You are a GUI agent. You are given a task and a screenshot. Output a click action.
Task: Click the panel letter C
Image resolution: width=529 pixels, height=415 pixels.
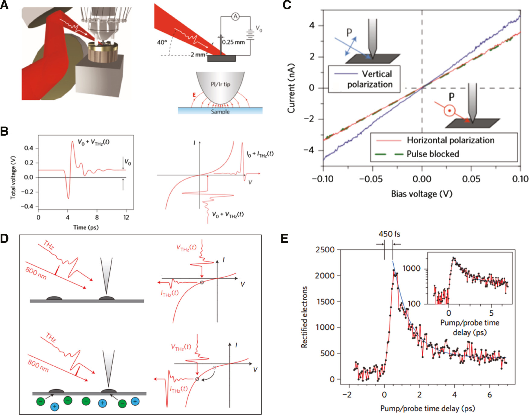(x=287, y=5)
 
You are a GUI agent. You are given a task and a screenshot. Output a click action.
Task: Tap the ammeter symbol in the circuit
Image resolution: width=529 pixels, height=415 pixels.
(x=235, y=17)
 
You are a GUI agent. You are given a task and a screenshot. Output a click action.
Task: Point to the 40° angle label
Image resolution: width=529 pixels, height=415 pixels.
(x=162, y=42)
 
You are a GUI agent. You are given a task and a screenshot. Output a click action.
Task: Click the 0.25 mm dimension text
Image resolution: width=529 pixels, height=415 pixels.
(x=233, y=42)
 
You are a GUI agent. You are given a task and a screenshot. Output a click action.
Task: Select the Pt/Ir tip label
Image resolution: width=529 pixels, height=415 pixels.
(x=220, y=85)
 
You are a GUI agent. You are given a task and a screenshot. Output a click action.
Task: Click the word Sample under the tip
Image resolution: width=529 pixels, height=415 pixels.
(x=220, y=112)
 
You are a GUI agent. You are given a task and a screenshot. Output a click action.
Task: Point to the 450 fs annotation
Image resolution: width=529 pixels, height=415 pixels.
(x=389, y=234)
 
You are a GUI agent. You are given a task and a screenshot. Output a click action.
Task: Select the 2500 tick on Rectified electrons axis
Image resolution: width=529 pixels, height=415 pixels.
(x=325, y=250)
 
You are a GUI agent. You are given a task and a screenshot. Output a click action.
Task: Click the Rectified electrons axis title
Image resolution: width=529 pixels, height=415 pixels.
(x=304, y=317)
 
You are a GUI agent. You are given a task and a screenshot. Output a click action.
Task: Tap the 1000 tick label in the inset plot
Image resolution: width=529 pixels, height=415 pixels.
(x=412, y=269)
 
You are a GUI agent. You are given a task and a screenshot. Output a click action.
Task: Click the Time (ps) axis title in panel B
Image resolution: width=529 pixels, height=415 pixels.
(x=86, y=227)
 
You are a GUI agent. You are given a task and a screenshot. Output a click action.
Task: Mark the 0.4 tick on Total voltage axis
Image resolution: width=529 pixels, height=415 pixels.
(x=29, y=148)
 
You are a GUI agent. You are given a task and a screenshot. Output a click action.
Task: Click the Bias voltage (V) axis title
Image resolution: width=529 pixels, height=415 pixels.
(x=422, y=194)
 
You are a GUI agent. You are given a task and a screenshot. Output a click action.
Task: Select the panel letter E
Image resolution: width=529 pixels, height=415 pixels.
(x=285, y=239)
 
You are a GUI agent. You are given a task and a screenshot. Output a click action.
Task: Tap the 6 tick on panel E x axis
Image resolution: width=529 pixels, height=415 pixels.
(x=489, y=395)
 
